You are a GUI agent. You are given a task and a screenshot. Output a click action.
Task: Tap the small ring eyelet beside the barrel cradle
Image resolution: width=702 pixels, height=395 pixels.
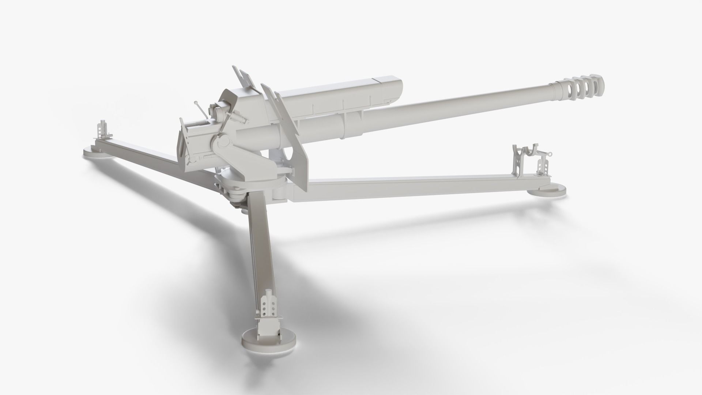point(549,155)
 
